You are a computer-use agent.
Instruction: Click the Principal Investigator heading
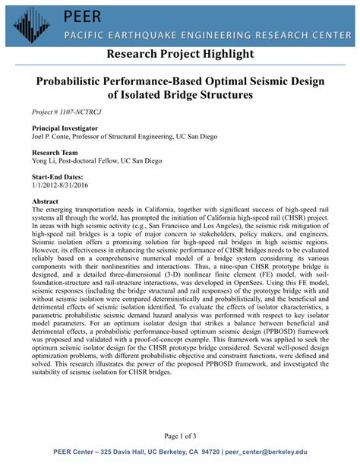point(66,130)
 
